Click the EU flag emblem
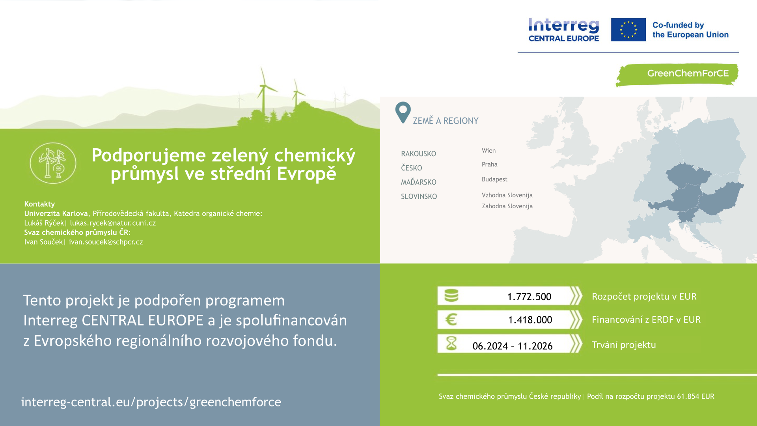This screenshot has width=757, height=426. click(628, 30)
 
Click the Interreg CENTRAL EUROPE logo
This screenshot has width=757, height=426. click(564, 30)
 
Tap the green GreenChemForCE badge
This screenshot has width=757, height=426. click(677, 75)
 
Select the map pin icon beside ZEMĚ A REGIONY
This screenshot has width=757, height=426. click(403, 112)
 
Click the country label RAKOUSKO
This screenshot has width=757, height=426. click(418, 154)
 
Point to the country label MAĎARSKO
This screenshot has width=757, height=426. click(419, 182)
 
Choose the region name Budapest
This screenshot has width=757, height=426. click(494, 179)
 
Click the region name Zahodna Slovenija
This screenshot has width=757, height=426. click(507, 206)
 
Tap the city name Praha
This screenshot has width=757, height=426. click(489, 164)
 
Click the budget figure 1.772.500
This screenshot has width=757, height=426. click(529, 297)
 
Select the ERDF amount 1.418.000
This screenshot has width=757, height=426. click(530, 320)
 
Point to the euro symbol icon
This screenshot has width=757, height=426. click(451, 319)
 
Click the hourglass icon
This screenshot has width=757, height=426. click(451, 344)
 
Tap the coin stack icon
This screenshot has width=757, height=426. click(451, 295)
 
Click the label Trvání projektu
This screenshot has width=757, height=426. click(624, 345)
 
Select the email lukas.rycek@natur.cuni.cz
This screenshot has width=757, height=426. click(113, 223)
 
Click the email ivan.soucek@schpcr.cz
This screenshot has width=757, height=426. click(106, 242)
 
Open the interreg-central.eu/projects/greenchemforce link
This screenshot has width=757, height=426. click(151, 402)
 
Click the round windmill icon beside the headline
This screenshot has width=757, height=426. click(53, 163)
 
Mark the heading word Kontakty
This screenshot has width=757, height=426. click(39, 204)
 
